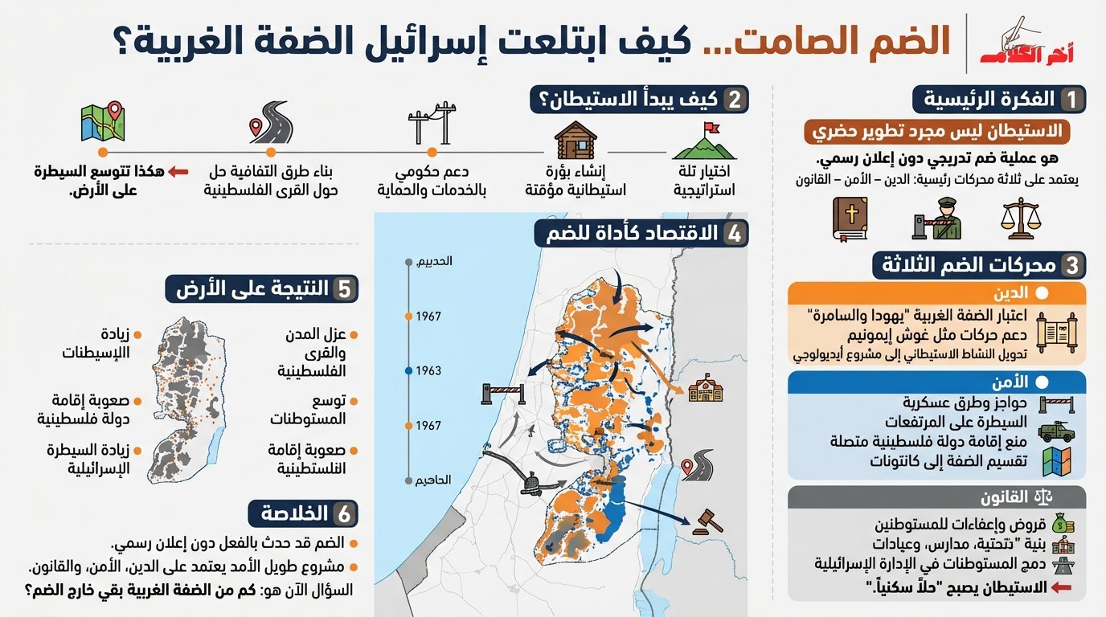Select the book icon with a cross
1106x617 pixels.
pyautogui.click(x=850, y=219)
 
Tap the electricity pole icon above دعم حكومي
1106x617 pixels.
pyautogui.click(x=432, y=123)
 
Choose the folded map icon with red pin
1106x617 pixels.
pyautogui.click(x=103, y=122)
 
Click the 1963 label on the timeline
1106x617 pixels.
pyautogui.click(x=428, y=371)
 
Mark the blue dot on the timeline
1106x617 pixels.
pyautogui.click(x=408, y=371)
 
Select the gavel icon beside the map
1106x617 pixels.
pyautogui.click(x=707, y=520)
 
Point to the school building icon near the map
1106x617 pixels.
pyautogui.click(x=706, y=388)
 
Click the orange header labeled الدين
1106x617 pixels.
pyautogui.click(x=937, y=292)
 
